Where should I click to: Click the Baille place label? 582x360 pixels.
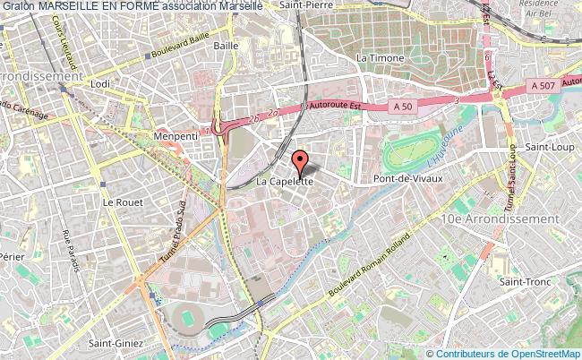tap(227, 44)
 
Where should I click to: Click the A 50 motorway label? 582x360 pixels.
tap(403, 106)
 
